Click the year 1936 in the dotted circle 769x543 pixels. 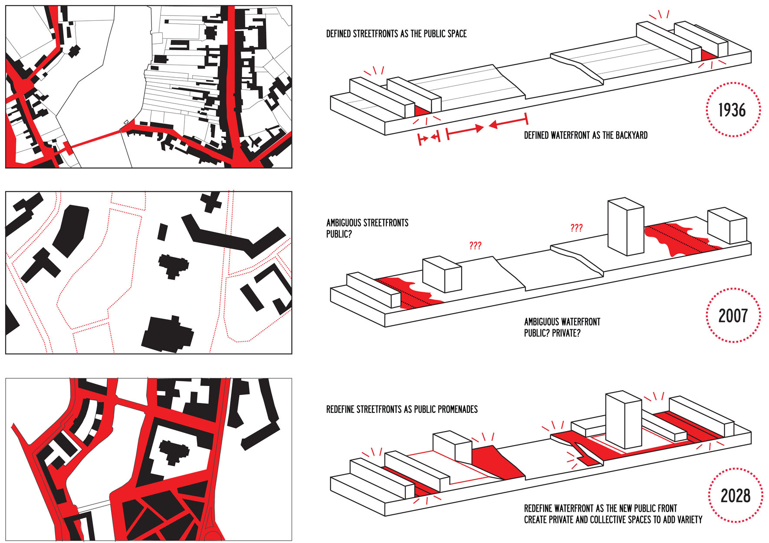[732, 110]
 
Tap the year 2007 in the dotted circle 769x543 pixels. [733, 316]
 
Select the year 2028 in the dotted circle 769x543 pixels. [735, 496]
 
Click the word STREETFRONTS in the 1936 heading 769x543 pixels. [376, 34]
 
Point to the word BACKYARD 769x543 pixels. [631, 135]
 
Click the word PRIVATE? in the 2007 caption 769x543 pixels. [566, 333]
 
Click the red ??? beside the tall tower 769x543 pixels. [576, 228]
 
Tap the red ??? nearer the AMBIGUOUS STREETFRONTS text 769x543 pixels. [475, 246]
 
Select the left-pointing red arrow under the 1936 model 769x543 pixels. [508, 123]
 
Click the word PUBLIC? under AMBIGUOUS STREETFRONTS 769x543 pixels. [339, 234]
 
